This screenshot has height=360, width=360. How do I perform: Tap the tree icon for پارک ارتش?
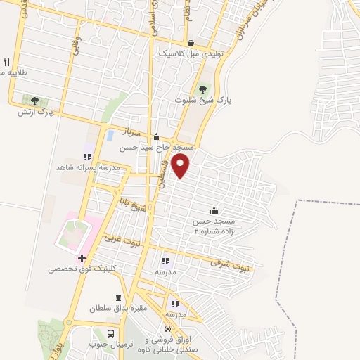click(x=34, y=101)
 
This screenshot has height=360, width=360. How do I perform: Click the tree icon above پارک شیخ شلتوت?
click(x=203, y=89)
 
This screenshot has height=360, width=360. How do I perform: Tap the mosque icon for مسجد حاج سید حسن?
click(x=156, y=138)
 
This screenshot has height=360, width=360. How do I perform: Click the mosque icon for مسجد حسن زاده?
click(x=214, y=211)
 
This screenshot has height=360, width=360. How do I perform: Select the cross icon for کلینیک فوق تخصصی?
click(x=82, y=259)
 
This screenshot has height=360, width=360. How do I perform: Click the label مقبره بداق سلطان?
click(x=116, y=309)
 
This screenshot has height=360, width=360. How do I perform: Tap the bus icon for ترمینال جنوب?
click(x=110, y=333)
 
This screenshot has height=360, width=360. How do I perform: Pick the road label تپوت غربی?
click(x=122, y=240)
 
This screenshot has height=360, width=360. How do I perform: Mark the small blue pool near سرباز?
click(x=109, y=135)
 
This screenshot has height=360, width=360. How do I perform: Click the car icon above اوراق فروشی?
click(x=167, y=329)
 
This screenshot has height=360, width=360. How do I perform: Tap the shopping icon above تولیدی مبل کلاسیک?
click(x=190, y=41)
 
